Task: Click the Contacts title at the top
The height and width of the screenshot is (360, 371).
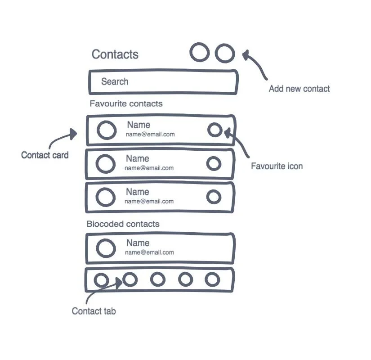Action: click(115, 54)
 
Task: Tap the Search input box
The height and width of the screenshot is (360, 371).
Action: click(163, 82)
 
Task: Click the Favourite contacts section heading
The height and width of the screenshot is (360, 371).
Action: click(126, 104)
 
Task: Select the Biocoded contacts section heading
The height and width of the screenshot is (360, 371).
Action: click(123, 224)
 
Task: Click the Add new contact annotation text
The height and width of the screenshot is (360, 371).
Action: click(299, 89)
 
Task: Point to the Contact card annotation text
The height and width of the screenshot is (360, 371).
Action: click(45, 155)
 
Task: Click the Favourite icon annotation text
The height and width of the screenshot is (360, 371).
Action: click(277, 166)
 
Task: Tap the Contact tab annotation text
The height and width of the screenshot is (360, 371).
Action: click(94, 311)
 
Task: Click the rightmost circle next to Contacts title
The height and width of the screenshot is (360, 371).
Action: click(225, 53)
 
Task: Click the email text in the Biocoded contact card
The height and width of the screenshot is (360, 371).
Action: click(150, 252)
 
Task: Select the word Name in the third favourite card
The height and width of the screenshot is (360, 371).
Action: click(138, 192)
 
